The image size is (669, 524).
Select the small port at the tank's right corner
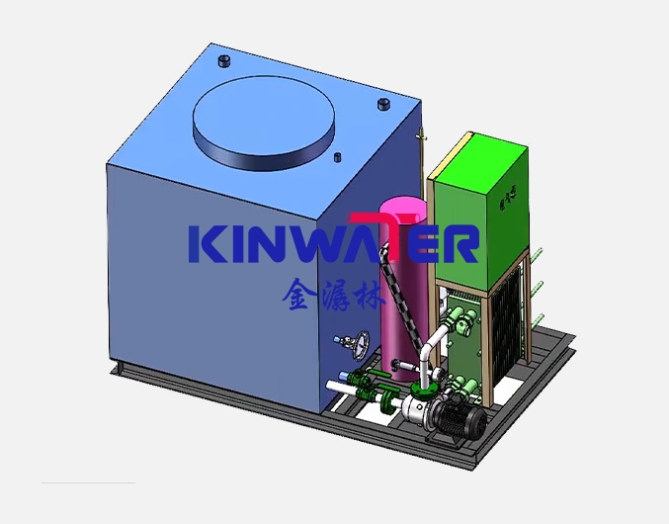pos(383,104)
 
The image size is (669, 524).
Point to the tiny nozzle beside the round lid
pos(338,156)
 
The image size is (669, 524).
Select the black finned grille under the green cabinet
pos(510,326)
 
